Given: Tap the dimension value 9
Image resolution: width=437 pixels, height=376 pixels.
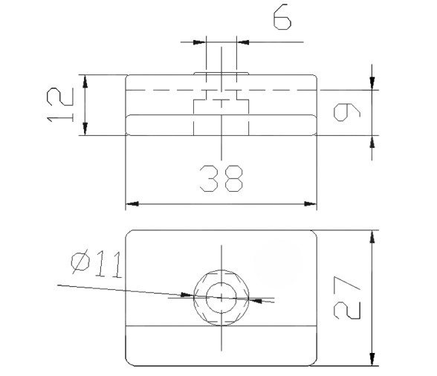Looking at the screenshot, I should [x=347, y=112].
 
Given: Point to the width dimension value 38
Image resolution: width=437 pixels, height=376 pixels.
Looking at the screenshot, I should [x=221, y=178].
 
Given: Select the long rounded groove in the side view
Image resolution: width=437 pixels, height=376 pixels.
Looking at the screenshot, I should [x=221, y=124].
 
